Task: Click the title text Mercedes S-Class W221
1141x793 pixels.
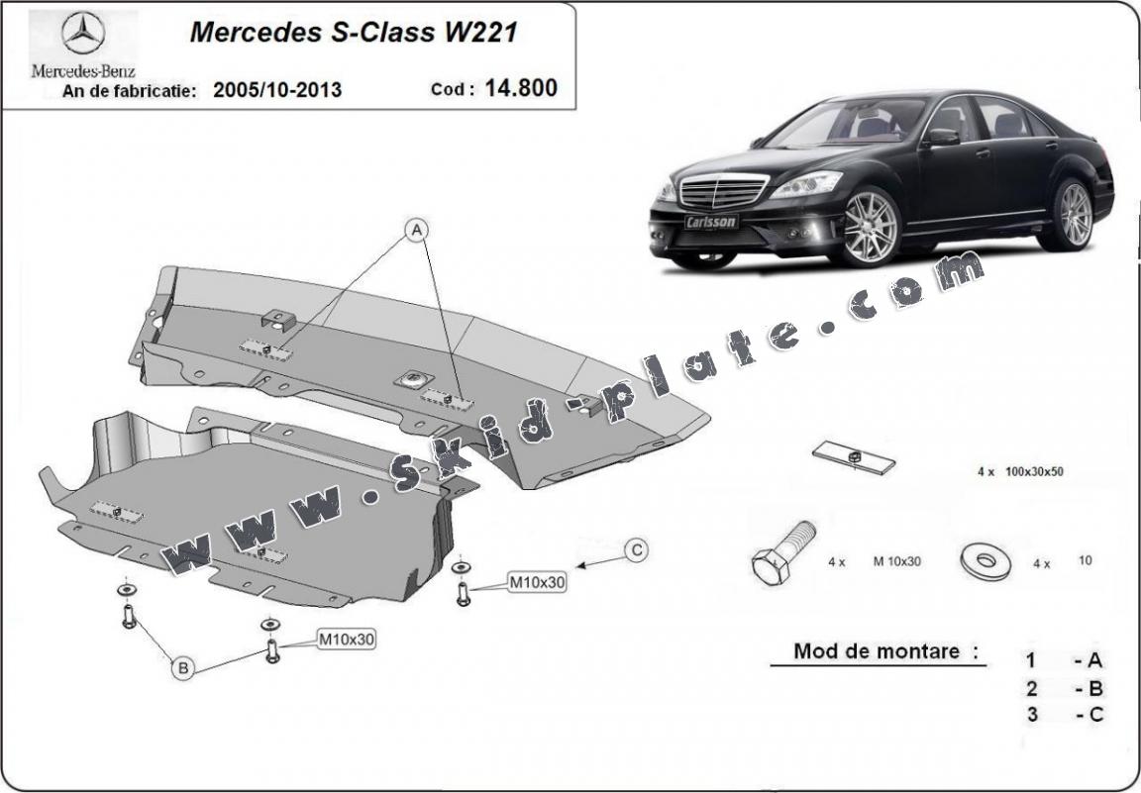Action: (353, 32)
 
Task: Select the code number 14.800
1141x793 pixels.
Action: (521, 88)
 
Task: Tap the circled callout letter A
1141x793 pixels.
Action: (418, 231)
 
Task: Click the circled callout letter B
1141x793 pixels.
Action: (183, 668)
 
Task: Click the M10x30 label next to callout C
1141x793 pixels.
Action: (538, 583)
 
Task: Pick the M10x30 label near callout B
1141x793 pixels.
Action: (346, 640)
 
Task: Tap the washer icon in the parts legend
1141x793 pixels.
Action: (985, 560)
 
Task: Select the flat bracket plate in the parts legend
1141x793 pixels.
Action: (855, 456)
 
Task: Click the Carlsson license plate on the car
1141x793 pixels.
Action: (711, 222)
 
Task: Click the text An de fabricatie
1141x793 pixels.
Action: (124, 91)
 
